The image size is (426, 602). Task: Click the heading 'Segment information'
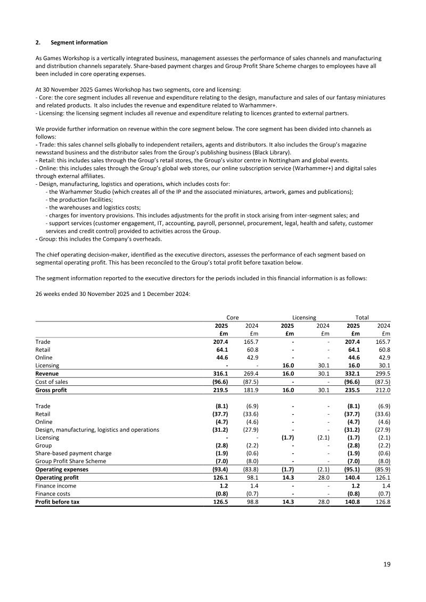(79, 43)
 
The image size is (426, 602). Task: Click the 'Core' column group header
(232, 317)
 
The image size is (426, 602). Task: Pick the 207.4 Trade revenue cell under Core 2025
(219, 342)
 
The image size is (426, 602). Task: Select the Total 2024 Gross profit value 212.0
(382, 390)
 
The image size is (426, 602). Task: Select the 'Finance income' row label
(55, 485)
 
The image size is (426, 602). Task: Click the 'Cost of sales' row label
(53, 382)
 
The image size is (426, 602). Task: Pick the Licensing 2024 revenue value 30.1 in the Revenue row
(322, 374)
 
